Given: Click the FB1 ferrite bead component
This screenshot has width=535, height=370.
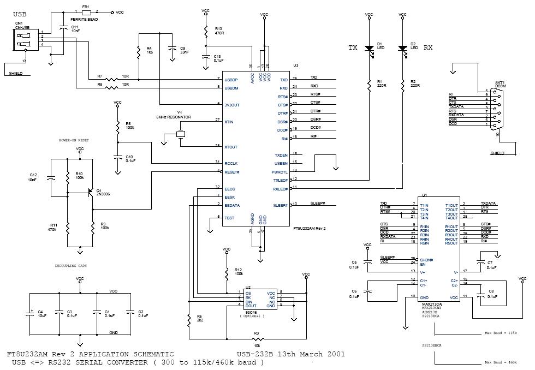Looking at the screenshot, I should [x=86, y=11].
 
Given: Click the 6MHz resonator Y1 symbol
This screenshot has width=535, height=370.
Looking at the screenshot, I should [x=181, y=134].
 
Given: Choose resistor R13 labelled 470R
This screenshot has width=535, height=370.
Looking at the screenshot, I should [x=206, y=32].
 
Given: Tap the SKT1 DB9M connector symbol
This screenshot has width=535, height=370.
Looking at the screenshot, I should [x=495, y=109].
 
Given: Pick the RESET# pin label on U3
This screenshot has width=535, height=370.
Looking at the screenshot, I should [x=233, y=171].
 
